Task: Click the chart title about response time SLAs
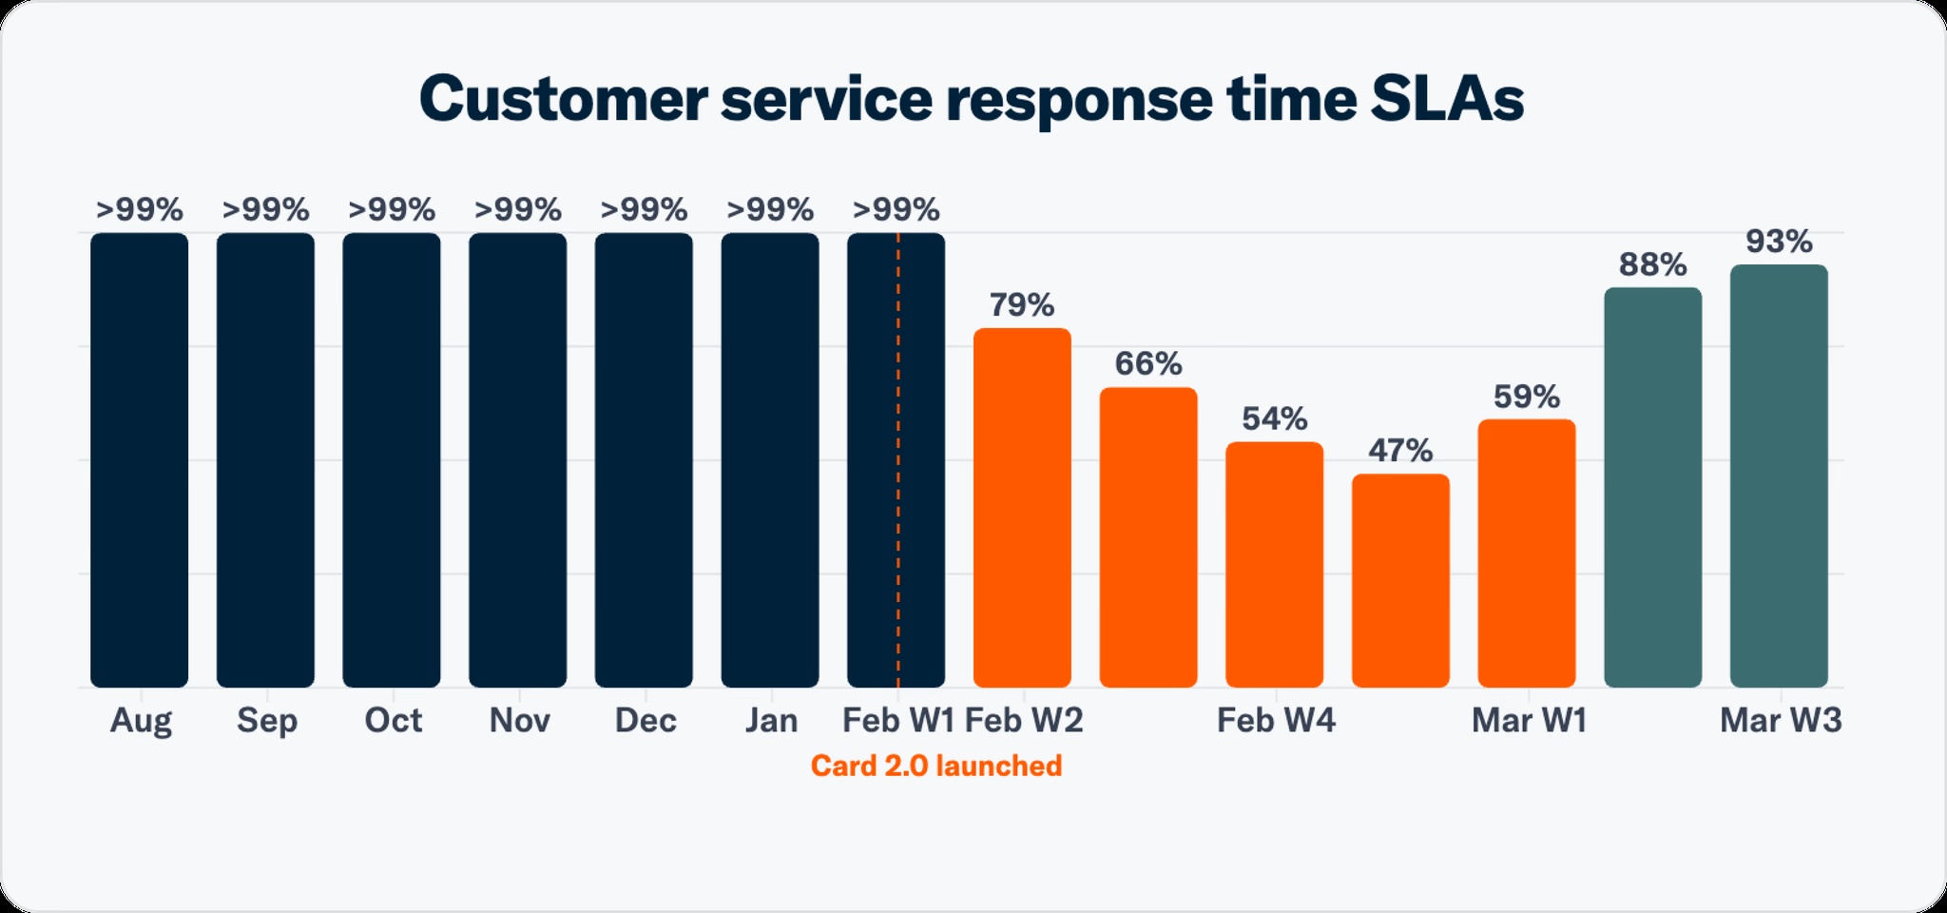pos(972,99)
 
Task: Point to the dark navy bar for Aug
pos(140,459)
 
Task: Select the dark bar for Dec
pos(644,459)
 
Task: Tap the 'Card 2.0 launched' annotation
pos(935,766)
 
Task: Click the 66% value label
pos(1148,363)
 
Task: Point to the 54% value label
pos(1274,418)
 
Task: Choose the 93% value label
pos(1779,242)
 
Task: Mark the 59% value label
pos(1526,397)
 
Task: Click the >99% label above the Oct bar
pos(392,209)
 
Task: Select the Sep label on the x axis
pos(266,720)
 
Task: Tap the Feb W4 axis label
pos(1276,720)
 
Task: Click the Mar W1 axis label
pos(1529,720)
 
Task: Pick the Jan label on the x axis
pos(770,720)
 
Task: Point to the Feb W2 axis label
pos(1024,720)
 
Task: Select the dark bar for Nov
pos(517,459)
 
